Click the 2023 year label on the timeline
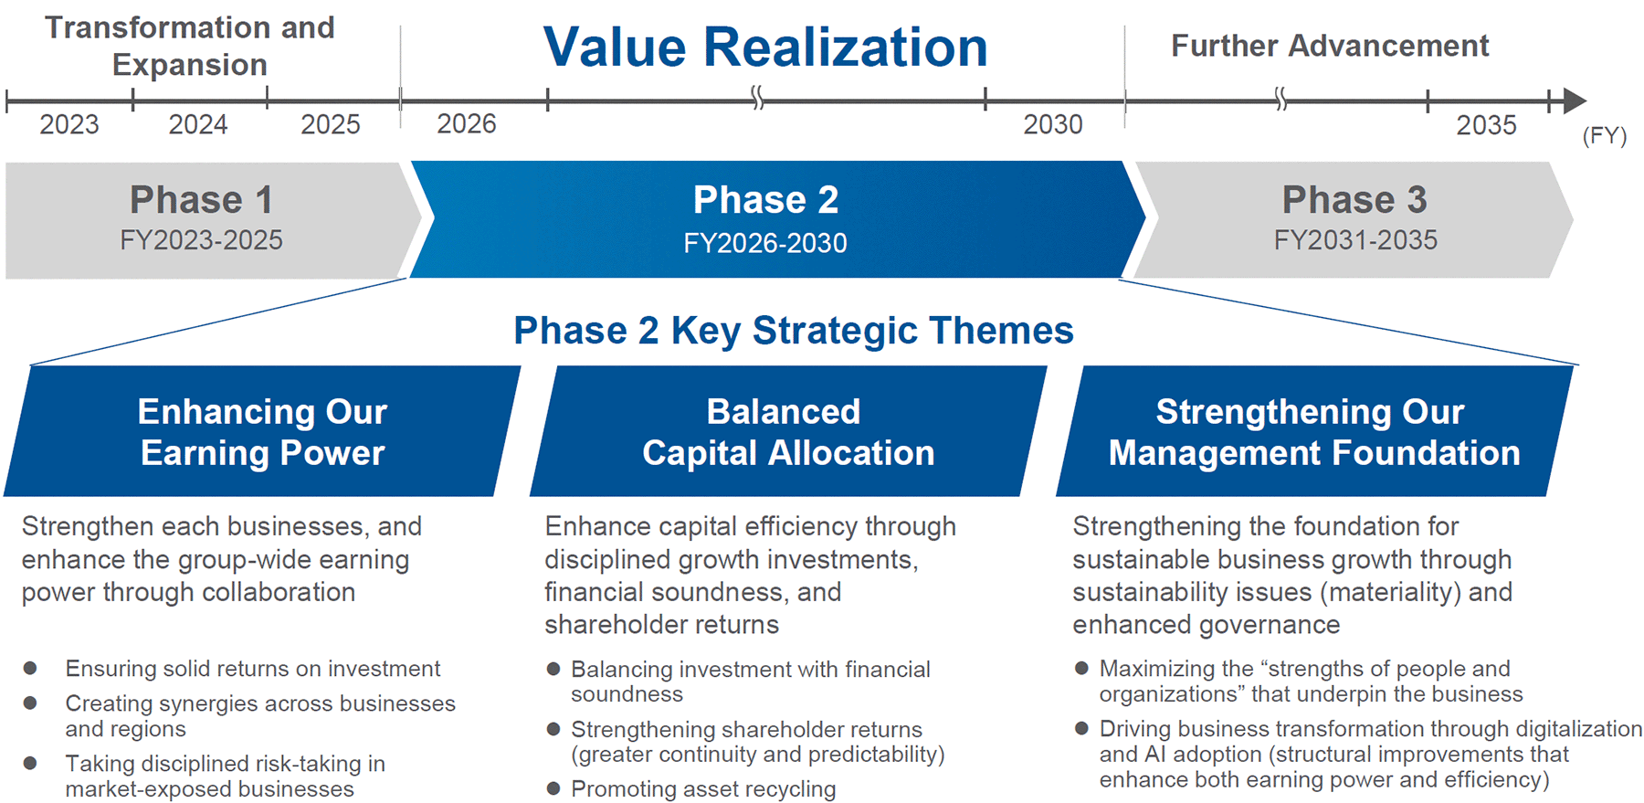point(69,124)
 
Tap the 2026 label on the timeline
point(467,123)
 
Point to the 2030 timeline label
point(1053,124)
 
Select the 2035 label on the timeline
point(1486,125)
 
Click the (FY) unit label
point(1605,136)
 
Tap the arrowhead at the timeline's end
point(1575,100)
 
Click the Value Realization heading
point(765,48)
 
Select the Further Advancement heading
point(1330,46)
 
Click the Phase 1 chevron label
point(201,200)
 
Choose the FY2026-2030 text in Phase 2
point(765,243)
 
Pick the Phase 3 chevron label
point(1354,200)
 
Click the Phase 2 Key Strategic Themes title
point(794,331)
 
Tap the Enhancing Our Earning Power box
point(262,431)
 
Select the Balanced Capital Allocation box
point(788,431)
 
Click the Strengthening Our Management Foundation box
point(1314,431)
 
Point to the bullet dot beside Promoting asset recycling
point(553,788)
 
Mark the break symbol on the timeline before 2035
point(1280,99)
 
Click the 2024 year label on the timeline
point(198,124)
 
